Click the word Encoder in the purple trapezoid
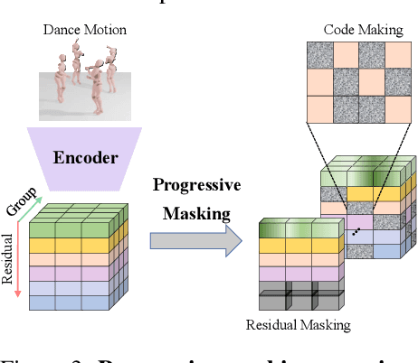[x=85, y=157]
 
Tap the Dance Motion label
[x=85, y=31]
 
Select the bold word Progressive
[x=196, y=185]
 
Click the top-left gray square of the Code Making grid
[x=325, y=55]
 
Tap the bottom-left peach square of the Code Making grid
[x=325, y=108]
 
